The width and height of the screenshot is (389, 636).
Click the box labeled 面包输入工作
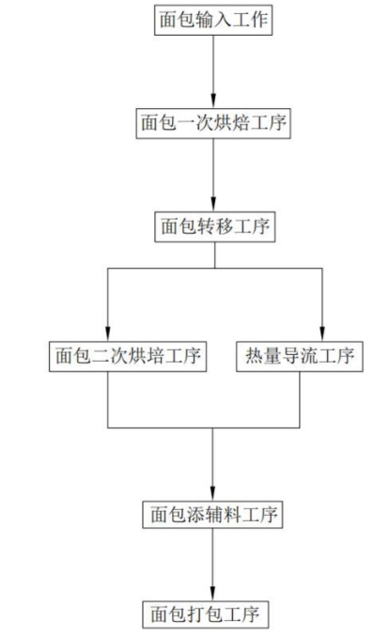point(213,21)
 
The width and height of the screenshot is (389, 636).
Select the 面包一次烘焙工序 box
point(213,123)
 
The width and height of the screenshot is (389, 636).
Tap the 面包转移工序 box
point(215,226)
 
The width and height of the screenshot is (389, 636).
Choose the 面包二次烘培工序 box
point(128,357)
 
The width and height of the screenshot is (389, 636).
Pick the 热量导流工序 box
point(300,357)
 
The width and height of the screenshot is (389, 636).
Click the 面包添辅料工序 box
point(212,515)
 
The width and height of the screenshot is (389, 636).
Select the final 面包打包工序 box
point(205,615)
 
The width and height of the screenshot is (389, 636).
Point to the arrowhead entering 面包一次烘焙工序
point(213,101)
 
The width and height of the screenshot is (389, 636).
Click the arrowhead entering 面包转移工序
point(213,205)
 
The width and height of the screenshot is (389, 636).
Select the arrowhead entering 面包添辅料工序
point(212,494)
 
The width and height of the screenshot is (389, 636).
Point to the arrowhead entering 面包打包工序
point(212,595)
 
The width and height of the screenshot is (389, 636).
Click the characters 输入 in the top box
point(213,21)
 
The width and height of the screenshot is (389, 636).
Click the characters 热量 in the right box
point(263,357)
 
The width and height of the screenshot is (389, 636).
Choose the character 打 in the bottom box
point(196,615)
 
